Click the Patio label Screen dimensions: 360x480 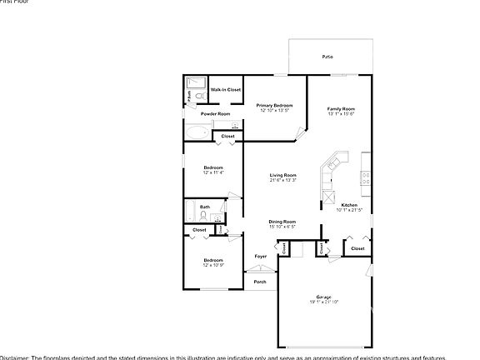327,57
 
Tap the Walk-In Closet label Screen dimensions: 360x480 225,89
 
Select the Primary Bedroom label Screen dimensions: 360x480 274,105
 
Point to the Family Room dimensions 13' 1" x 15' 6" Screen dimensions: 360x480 341,113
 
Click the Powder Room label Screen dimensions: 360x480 215,113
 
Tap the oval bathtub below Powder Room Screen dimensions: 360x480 197,132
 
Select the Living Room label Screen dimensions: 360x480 282,175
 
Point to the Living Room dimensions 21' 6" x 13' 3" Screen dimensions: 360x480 282,180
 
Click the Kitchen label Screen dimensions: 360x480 349,205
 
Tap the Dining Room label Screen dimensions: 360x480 282,221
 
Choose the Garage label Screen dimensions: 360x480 323,297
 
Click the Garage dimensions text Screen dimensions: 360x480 323,302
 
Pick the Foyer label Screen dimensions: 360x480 260,256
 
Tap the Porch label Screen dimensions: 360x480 260,282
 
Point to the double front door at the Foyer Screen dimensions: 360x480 257,270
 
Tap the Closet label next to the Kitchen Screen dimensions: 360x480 357,248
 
